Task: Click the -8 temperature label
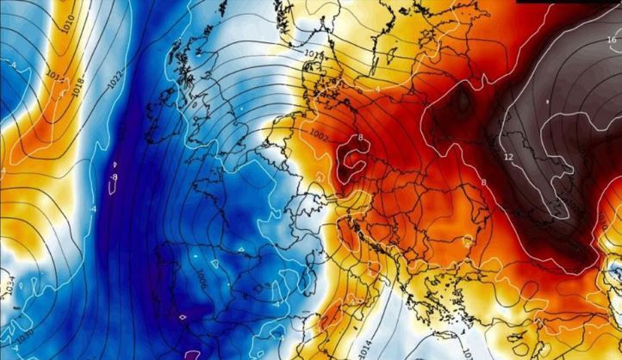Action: (114, 177)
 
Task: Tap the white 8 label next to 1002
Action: (360, 138)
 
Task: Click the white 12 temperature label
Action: (508, 158)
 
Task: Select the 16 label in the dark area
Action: (611, 40)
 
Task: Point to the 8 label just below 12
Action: (483, 183)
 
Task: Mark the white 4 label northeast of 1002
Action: (377, 89)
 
